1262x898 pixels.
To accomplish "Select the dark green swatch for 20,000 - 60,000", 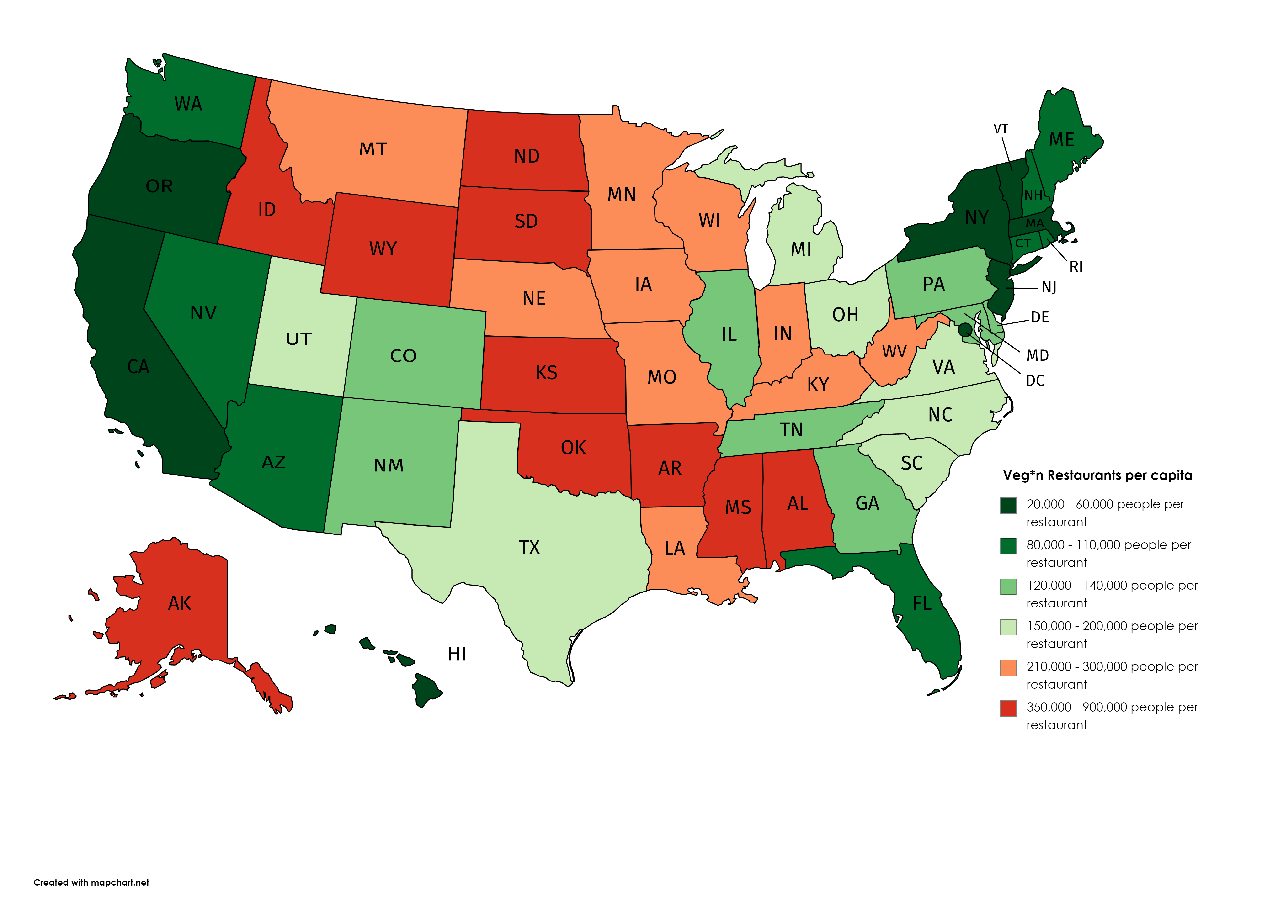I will click(x=1008, y=505).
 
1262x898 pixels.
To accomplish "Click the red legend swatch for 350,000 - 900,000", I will click(x=1008, y=708).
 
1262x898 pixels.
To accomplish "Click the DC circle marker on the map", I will click(x=964, y=330).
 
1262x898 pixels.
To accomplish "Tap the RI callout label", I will click(x=1076, y=267).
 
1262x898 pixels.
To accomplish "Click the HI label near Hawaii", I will click(x=457, y=654).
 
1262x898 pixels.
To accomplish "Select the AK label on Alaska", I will click(x=180, y=603).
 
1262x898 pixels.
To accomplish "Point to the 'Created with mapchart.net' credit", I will click(x=91, y=882).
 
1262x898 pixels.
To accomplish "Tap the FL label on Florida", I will click(x=922, y=603).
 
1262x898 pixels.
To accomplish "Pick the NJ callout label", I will click(x=1049, y=288).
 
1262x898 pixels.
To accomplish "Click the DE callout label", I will click(x=1040, y=317).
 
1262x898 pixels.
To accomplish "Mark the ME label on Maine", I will click(x=1062, y=140).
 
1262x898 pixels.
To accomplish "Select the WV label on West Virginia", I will click(x=894, y=352).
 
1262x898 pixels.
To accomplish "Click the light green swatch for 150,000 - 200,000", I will click(x=1008, y=627).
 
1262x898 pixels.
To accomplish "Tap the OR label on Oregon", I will click(x=159, y=186).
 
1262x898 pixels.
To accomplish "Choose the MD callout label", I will click(x=1038, y=356).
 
